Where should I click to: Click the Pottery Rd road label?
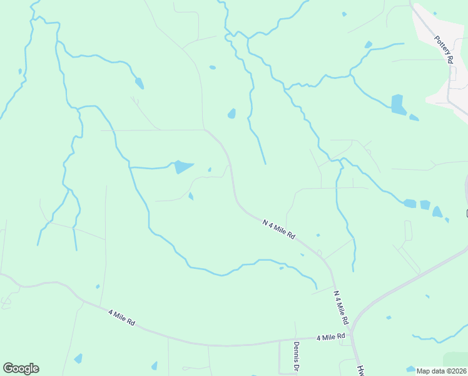click(444, 49)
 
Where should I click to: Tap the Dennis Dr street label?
click(298, 355)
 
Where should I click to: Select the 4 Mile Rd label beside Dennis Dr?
click(331, 337)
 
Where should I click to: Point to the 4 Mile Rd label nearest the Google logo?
click(121, 317)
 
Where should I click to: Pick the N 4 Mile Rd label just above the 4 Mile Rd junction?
click(341, 306)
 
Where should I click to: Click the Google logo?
click(21, 368)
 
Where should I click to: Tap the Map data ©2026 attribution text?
click(440, 371)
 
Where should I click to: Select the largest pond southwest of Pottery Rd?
click(398, 104)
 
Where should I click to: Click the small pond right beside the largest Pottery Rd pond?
click(414, 117)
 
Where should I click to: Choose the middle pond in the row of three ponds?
click(425, 205)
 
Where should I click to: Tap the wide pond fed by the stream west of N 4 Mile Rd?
click(183, 167)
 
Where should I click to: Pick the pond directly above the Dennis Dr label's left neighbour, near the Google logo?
click(78, 358)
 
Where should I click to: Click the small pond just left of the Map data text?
click(410, 369)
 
